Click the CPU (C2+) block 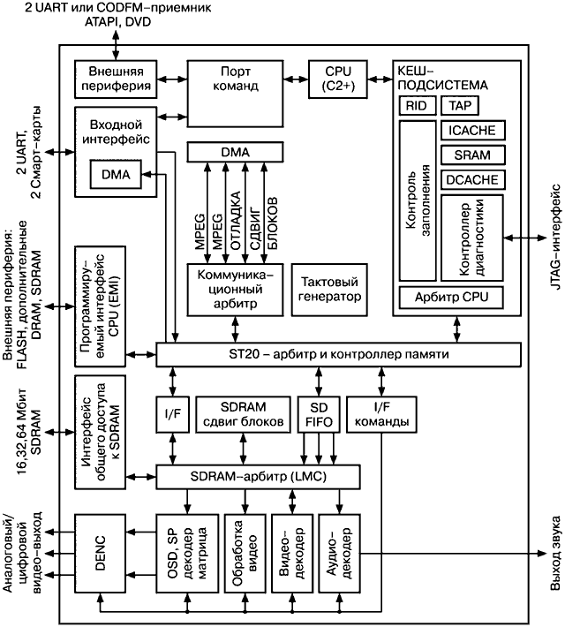click(334, 79)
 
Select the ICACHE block click(471, 131)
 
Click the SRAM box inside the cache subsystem click(471, 155)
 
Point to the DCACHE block click(471, 179)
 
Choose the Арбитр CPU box click(451, 296)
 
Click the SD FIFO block click(316, 412)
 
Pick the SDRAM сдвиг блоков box click(242, 412)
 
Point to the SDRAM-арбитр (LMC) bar click(259, 477)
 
